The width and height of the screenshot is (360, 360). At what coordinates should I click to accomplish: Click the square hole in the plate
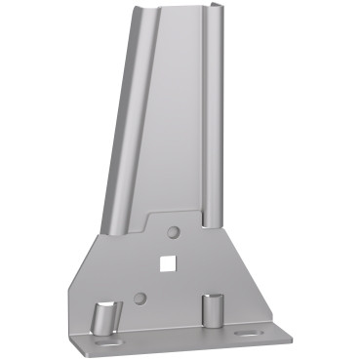pyautogui.click(x=168, y=261)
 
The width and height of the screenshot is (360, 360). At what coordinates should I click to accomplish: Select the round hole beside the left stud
pyautogui.click(x=140, y=297)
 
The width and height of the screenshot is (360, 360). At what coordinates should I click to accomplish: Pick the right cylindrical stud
pyautogui.click(x=212, y=309)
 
